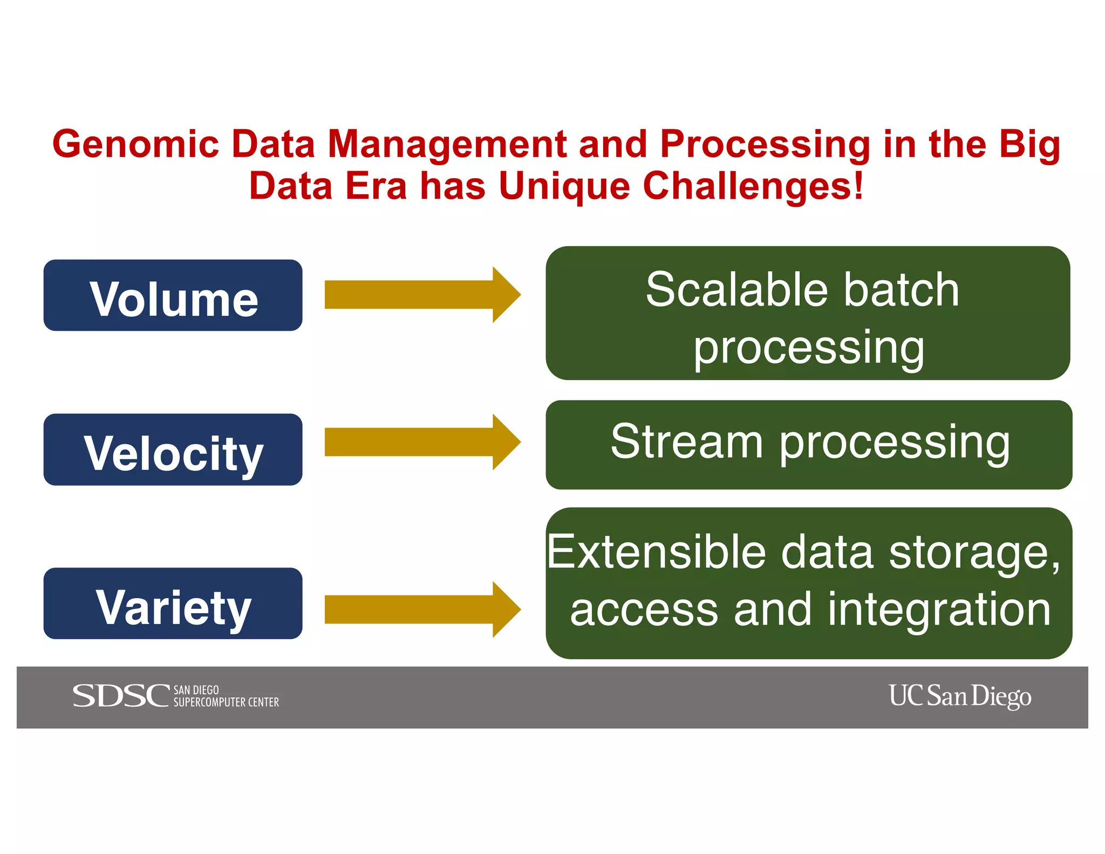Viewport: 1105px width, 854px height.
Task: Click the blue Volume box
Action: point(173,295)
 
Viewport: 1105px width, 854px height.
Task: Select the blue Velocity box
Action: point(173,450)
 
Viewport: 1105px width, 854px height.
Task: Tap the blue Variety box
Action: point(173,604)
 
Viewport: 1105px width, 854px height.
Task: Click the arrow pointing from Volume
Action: point(422,295)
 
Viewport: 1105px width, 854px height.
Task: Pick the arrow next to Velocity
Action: point(422,442)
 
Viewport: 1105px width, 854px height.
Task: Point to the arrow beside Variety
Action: point(422,609)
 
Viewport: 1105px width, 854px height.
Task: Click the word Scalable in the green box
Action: point(737,290)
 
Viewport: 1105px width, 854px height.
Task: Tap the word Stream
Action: point(686,442)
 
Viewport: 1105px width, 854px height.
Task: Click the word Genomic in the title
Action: point(135,145)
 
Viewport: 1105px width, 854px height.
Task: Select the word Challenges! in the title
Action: point(753,186)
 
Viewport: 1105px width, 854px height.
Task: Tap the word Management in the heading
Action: point(447,145)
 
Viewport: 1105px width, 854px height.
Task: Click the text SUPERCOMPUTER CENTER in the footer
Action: point(226,702)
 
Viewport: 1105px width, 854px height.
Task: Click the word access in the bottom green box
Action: point(644,610)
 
